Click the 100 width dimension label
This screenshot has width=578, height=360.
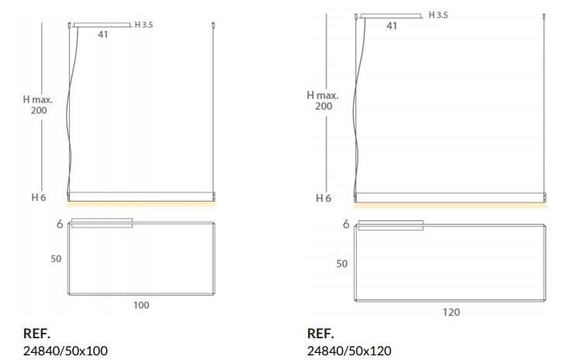[x=141, y=305]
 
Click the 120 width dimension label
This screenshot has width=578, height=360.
[x=452, y=312]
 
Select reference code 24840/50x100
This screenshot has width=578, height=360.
[x=66, y=351]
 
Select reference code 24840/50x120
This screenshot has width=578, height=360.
[x=350, y=351]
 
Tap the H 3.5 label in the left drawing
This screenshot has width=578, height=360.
[x=144, y=24]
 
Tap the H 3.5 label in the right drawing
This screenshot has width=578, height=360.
[x=438, y=15]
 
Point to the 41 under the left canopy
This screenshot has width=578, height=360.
[x=102, y=35]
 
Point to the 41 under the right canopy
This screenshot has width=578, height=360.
[x=392, y=26]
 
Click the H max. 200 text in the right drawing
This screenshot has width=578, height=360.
[x=323, y=101]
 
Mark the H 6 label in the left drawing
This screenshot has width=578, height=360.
[x=39, y=198]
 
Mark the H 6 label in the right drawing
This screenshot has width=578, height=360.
[x=324, y=199]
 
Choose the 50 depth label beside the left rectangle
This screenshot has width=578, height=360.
[x=56, y=259]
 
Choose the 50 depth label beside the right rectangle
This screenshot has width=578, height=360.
[x=342, y=264]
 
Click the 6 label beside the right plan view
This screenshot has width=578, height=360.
[x=345, y=225]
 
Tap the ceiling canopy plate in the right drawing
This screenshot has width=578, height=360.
[x=391, y=15]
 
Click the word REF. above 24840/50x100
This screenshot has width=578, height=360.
[x=36, y=334]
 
